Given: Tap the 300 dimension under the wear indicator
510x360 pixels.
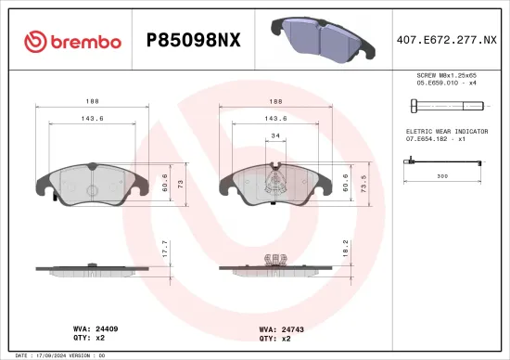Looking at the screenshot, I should point(442,175).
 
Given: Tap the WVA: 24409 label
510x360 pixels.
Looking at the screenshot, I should point(96,328).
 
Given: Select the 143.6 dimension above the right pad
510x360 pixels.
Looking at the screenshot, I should point(275,119).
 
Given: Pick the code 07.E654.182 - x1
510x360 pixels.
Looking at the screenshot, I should point(436,139).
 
